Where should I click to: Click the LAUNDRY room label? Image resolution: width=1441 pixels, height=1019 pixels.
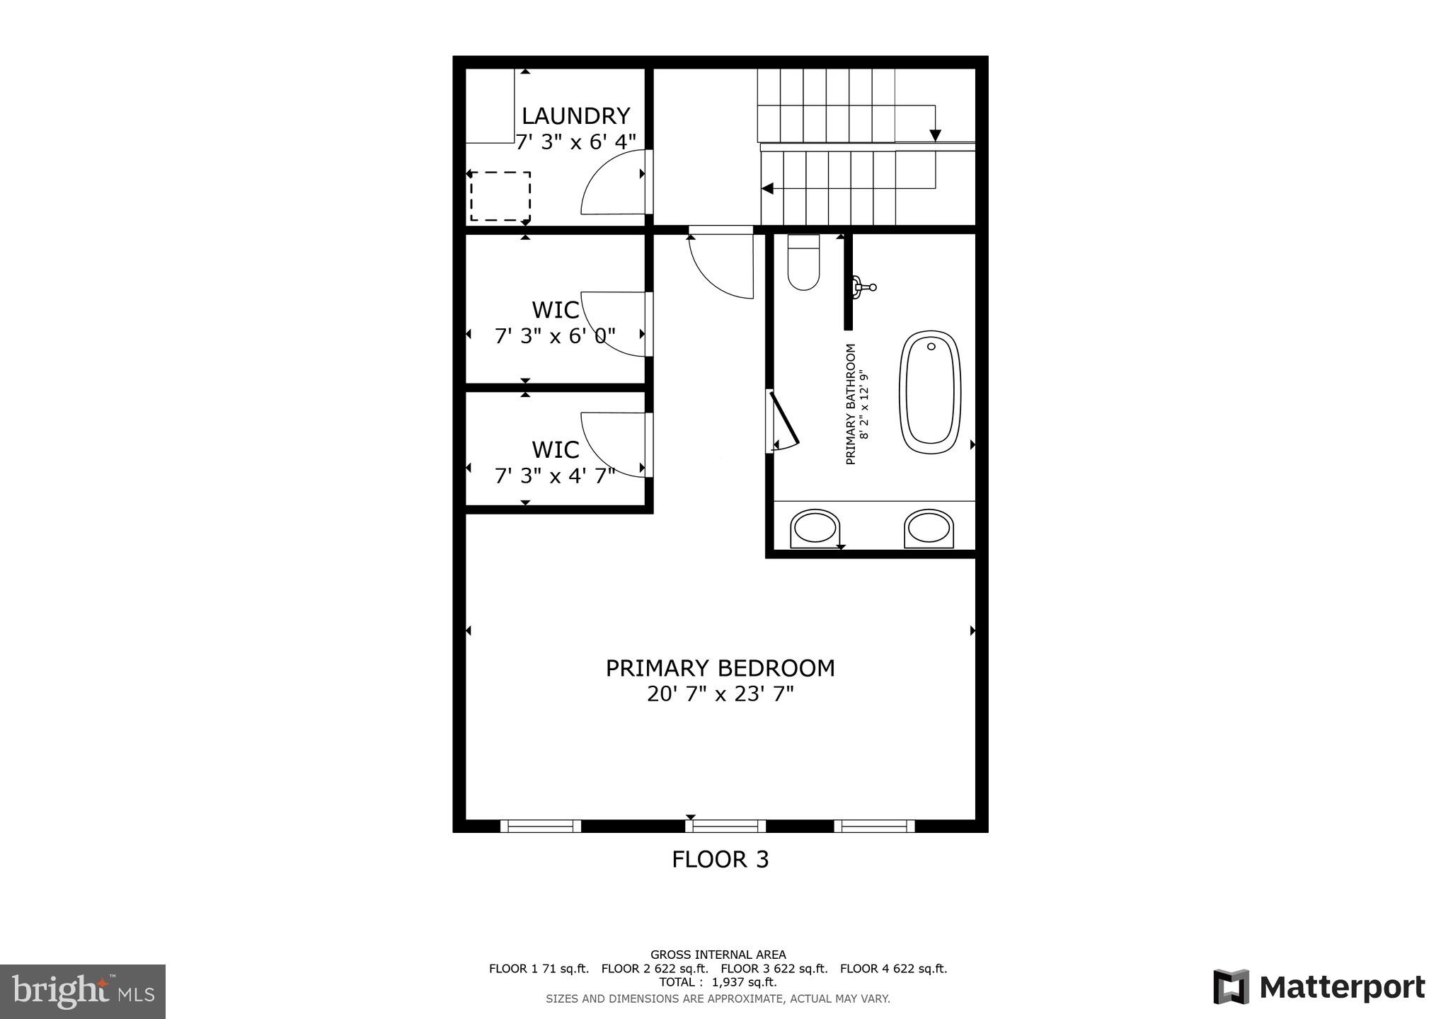pyautogui.click(x=575, y=116)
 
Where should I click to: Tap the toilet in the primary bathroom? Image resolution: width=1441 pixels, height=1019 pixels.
pyautogui.click(x=803, y=263)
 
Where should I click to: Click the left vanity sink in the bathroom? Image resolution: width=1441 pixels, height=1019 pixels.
pyautogui.click(x=815, y=527)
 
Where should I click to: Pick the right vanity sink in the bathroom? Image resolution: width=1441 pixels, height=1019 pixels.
pyautogui.click(x=928, y=527)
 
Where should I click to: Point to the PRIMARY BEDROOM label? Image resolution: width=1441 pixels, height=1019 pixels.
pyautogui.click(x=720, y=669)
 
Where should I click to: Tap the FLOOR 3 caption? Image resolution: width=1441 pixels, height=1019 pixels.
pyautogui.click(x=720, y=860)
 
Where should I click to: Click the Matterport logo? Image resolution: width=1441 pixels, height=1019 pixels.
pyautogui.click(x=1319, y=987)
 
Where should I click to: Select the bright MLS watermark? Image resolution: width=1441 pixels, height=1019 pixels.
pyautogui.click(x=83, y=991)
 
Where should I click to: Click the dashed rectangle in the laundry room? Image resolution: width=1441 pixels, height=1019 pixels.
pyautogui.click(x=500, y=196)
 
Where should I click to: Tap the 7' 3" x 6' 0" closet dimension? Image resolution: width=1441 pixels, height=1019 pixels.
pyautogui.click(x=555, y=336)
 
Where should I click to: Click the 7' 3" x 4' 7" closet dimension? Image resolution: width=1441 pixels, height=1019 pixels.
pyautogui.click(x=555, y=476)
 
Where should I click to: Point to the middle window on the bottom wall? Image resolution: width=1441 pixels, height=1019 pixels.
pyautogui.click(x=725, y=826)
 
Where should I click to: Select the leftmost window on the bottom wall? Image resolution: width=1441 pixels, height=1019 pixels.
pyautogui.click(x=541, y=826)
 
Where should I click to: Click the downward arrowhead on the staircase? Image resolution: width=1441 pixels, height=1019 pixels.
pyautogui.click(x=935, y=135)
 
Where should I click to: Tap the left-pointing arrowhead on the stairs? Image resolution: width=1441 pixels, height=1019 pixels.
pyautogui.click(x=767, y=189)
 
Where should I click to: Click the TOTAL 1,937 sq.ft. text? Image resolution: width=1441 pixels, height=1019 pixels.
pyautogui.click(x=718, y=983)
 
